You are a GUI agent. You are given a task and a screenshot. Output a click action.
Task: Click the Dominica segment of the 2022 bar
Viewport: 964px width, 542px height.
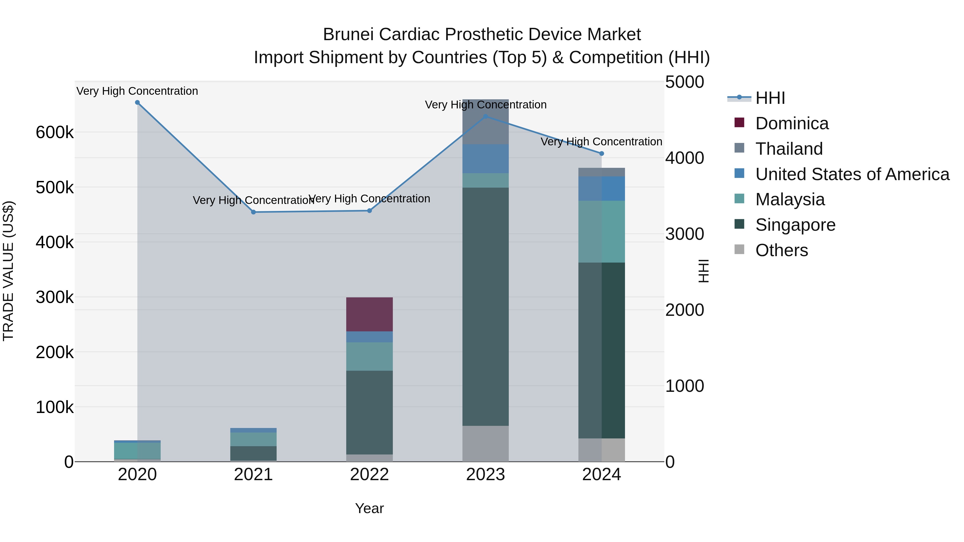[x=369, y=314]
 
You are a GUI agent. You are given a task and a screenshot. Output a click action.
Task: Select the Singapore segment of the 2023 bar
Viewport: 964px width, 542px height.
[x=485, y=306]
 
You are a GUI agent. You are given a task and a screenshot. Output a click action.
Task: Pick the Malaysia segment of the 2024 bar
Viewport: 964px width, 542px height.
[x=601, y=232]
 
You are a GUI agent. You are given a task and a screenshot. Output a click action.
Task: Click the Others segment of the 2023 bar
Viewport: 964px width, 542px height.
[x=485, y=443]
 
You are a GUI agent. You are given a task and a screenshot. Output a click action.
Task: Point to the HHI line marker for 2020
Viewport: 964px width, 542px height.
[x=137, y=103]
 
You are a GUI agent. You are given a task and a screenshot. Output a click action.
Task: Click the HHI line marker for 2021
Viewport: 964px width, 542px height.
[x=253, y=212]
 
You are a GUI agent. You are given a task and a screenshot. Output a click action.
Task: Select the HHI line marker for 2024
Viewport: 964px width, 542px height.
[x=601, y=153]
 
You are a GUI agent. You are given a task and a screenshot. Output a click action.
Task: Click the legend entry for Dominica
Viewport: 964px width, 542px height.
[x=792, y=123]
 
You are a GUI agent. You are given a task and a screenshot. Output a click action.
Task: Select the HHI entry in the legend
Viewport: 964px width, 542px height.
[x=770, y=98]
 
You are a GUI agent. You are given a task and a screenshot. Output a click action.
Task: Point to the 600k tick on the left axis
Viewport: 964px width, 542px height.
[x=55, y=132]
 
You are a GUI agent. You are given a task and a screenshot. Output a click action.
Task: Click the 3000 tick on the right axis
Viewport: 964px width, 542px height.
[x=684, y=234]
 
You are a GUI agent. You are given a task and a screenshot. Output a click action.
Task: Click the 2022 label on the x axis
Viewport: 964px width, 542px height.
[x=369, y=475]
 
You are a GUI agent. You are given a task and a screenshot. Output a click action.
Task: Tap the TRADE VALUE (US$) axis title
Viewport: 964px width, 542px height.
[x=8, y=271]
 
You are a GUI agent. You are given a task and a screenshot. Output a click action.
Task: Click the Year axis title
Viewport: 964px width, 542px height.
[x=369, y=508]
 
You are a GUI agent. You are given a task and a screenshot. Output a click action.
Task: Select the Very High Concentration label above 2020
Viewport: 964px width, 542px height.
[x=137, y=91]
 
